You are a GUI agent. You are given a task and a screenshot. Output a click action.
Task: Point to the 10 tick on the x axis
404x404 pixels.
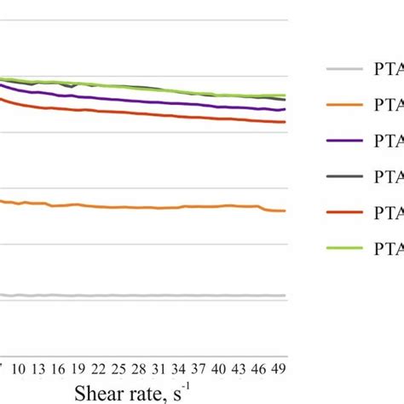click(18, 368)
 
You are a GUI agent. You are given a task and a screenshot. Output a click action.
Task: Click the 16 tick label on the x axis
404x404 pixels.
click(58, 368)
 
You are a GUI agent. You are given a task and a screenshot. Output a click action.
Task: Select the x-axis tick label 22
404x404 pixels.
click(98, 368)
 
